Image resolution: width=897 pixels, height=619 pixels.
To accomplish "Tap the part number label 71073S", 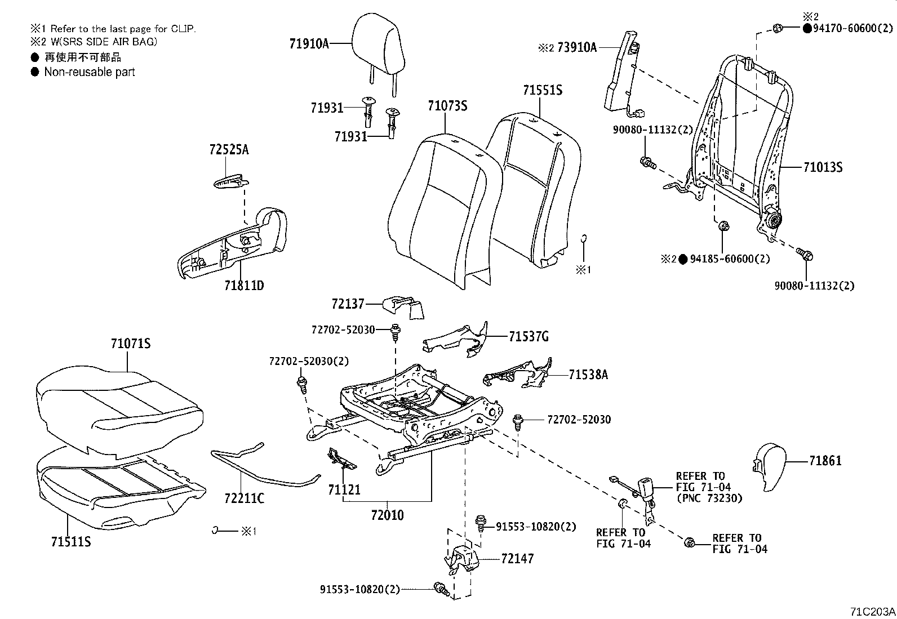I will [447, 106].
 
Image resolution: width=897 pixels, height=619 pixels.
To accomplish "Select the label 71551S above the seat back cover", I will [542, 90].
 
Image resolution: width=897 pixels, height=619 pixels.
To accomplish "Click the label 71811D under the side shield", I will [243, 286].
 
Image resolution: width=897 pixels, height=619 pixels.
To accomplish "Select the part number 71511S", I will [71, 542].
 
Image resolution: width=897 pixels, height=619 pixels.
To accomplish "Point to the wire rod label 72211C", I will [244, 498].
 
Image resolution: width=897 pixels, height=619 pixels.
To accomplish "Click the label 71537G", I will [528, 337].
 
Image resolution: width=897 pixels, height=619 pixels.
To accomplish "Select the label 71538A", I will [588, 375].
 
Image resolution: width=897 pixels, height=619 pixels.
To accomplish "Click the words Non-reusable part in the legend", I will [90, 72].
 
